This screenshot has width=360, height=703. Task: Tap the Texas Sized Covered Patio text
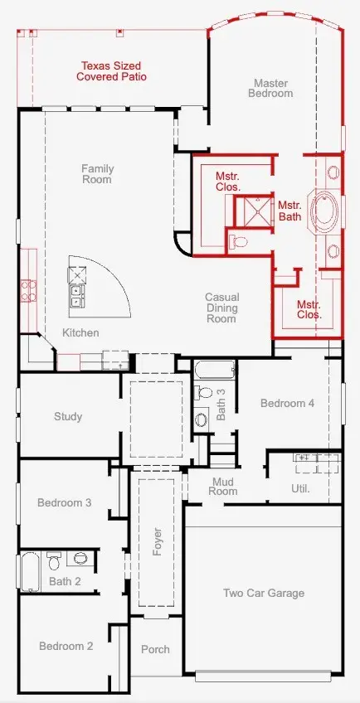tap(111, 71)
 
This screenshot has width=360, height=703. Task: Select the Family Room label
tap(97, 174)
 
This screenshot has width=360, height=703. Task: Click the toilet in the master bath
tap(238, 242)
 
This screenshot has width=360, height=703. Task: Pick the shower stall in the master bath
tap(254, 212)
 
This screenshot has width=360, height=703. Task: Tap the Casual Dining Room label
tap(221, 308)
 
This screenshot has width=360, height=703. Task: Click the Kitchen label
tap(80, 332)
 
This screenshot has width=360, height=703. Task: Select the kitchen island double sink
tap(77, 295)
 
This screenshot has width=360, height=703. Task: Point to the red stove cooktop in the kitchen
tap(29, 290)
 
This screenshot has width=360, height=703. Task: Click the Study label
tap(68, 416)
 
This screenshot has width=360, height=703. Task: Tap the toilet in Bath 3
tap(203, 393)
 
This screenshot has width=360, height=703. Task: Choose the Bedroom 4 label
tap(287, 403)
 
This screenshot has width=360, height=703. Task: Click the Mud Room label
tap(223, 487)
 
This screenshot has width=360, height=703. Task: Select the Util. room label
tap(301, 488)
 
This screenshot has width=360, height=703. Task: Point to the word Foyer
tap(157, 542)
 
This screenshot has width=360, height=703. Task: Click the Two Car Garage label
tap(264, 594)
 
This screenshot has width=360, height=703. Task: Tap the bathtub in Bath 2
tap(30, 572)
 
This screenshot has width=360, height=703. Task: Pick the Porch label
tap(155, 649)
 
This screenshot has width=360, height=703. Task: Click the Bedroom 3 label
tap(64, 502)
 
